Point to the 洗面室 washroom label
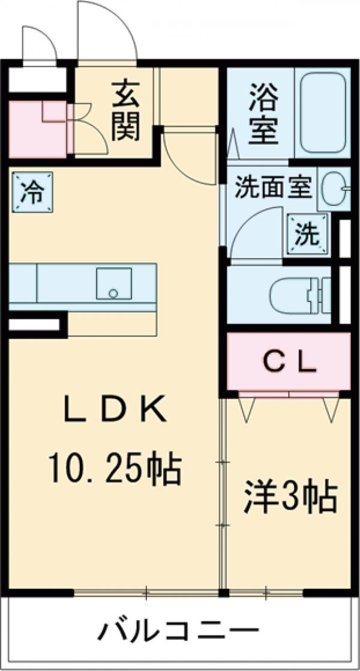pos(272,188)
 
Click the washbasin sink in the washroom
pos(334,189)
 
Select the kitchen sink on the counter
pos(113,283)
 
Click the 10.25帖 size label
pos(114,469)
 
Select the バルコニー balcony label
pos(179,631)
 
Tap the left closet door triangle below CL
pos(246,408)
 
